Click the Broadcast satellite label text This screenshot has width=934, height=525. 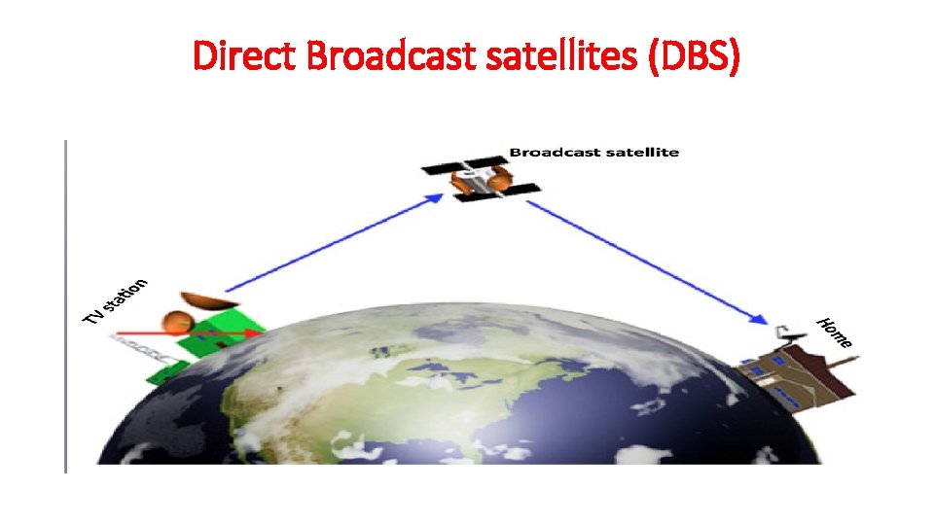click(593, 152)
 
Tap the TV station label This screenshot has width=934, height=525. click(115, 302)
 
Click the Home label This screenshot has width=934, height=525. click(835, 332)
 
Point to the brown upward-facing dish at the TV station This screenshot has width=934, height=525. click(205, 299)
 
